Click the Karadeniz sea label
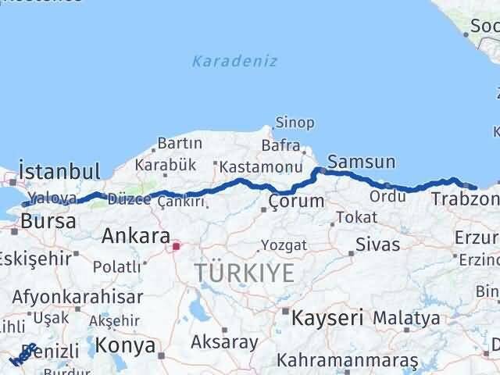(x=235, y=61)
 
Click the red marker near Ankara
(x=177, y=247)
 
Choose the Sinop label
(x=295, y=123)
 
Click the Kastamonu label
(x=260, y=167)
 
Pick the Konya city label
(x=124, y=345)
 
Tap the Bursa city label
(x=48, y=221)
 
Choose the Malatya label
(x=406, y=318)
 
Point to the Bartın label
(x=180, y=144)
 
